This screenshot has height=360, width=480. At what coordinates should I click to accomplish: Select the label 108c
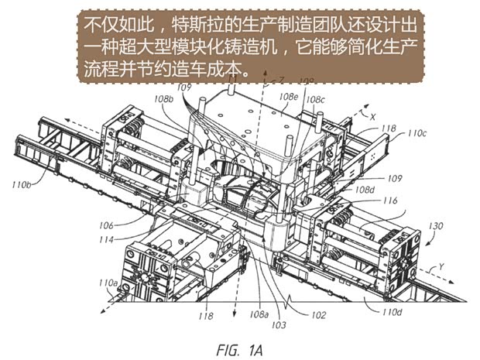tap(316, 100)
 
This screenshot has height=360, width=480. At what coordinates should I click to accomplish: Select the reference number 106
tap(108, 226)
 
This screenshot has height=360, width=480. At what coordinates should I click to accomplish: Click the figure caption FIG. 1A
tap(242, 348)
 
